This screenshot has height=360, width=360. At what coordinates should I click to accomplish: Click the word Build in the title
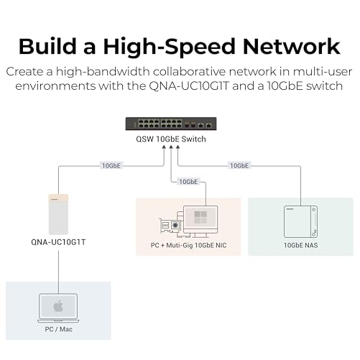47,46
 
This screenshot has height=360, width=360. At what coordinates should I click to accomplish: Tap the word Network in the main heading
291,46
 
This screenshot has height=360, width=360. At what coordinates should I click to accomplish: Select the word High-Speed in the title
169,47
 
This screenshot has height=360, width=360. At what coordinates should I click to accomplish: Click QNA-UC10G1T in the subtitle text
189,86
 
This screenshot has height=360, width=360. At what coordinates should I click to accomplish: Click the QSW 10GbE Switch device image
171,124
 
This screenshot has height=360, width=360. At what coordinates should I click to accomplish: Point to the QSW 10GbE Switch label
171,139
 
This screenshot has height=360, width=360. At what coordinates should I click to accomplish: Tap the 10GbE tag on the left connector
111,165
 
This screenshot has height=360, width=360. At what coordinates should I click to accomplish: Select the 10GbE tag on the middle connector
188,182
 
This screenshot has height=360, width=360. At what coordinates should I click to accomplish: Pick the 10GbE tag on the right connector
239,165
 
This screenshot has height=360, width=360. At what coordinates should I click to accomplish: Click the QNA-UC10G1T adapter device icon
58,214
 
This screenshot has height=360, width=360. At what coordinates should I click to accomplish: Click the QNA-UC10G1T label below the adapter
58,242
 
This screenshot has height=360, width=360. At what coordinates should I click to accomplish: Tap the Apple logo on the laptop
58,307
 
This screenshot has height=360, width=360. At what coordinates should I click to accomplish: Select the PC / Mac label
58,329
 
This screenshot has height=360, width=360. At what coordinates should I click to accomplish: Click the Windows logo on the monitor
200,217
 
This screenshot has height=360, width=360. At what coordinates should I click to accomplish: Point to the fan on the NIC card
175,225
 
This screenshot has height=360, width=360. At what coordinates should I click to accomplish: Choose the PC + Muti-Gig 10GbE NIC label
188,245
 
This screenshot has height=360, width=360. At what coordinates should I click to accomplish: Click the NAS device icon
301,221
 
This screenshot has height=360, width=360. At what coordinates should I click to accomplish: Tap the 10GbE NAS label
301,245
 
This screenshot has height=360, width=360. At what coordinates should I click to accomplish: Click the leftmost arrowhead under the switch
164,147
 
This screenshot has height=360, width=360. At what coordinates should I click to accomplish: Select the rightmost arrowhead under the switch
177,147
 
